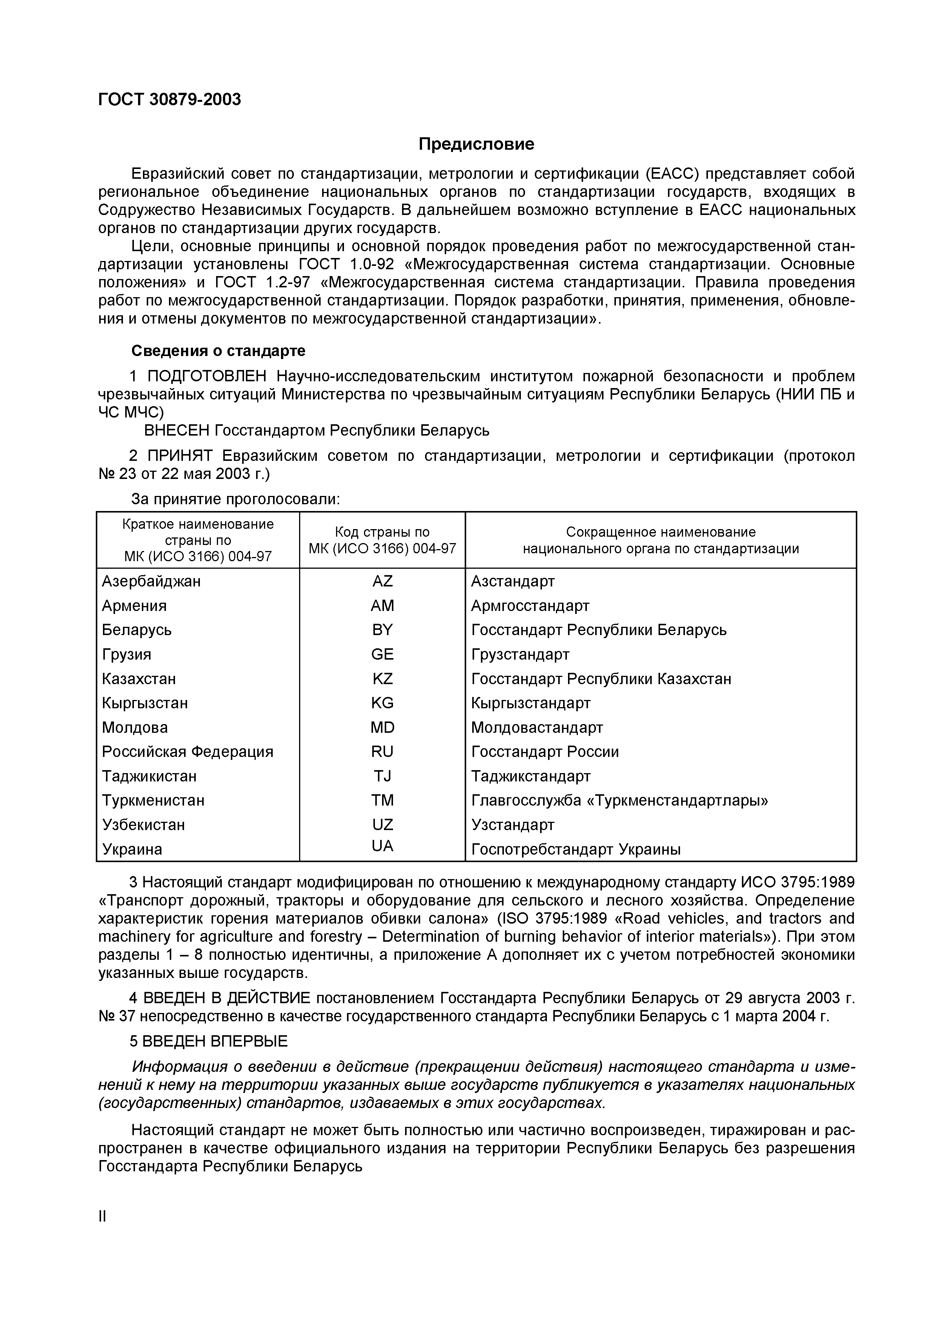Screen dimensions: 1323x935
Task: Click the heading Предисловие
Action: [476, 144]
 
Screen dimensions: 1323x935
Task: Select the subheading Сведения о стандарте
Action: [218, 350]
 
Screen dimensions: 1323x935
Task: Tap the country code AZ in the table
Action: [382, 581]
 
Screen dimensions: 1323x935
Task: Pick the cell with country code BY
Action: [382, 630]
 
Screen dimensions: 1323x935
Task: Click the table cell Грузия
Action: [127, 655]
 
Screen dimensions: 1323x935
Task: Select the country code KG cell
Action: [382, 703]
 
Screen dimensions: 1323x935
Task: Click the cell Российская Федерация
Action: [187, 752]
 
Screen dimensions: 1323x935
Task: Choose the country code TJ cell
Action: [382, 776]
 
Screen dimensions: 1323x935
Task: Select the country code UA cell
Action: [382, 846]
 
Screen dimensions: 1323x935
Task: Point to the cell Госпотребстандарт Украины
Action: [576, 849]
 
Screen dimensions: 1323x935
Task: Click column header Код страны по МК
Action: [382, 540]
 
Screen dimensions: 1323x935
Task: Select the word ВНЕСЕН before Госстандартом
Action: [176, 430]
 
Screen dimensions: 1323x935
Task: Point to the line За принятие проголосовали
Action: [236, 499]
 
